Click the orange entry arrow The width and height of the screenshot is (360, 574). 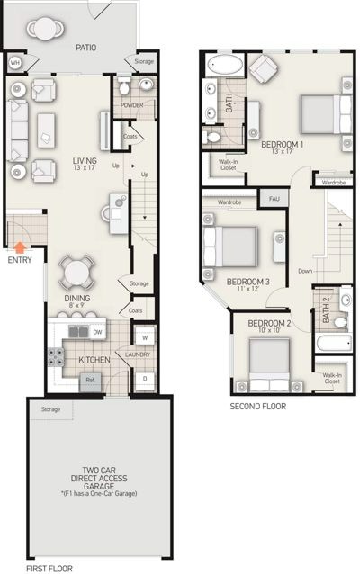(x=21, y=247)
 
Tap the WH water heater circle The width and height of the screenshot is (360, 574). (x=14, y=63)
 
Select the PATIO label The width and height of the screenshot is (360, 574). (x=86, y=48)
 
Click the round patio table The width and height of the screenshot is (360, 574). (x=45, y=29)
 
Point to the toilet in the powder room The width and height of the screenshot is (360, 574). (x=125, y=85)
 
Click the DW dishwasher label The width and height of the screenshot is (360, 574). (x=97, y=332)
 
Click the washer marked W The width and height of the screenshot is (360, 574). (x=145, y=337)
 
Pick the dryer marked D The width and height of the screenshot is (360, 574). (x=145, y=380)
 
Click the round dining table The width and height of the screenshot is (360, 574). (x=76, y=272)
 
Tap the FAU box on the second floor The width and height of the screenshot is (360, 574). (x=274, y=199)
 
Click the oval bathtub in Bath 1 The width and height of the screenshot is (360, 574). (x=225, y=65)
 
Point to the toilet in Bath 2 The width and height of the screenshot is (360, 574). (x=341, y=322)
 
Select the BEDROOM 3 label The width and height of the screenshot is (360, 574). (x=247, y=282)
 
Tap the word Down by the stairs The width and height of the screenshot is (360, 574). (x=305, y=271)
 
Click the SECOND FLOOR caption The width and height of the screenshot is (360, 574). (x=257, y=407)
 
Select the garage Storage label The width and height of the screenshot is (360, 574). (x=50, y=409)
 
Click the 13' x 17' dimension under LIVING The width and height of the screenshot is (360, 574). (x=85, y=167)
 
